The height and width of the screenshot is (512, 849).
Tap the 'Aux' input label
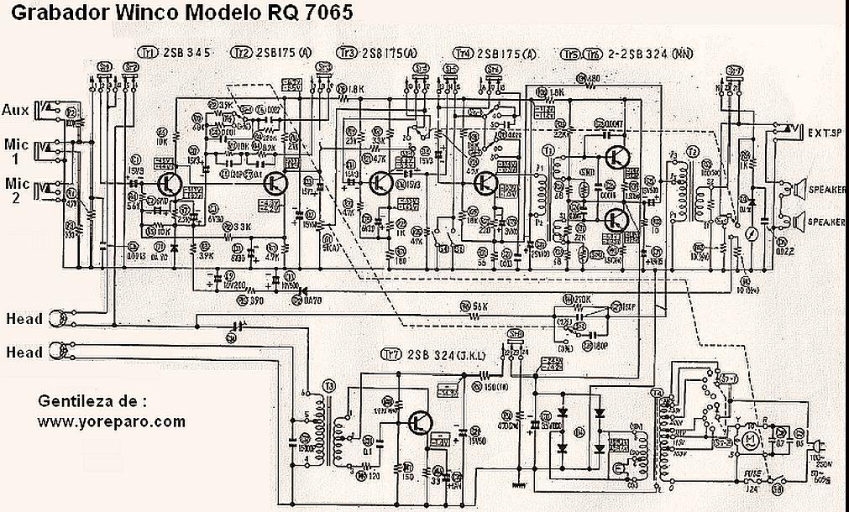tap(14, 110)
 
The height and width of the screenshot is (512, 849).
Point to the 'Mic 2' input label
tap(16, 190)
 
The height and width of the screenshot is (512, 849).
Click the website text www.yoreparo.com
tap(111, 421)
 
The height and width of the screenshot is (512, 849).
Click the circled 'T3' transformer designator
tap(328, 385)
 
